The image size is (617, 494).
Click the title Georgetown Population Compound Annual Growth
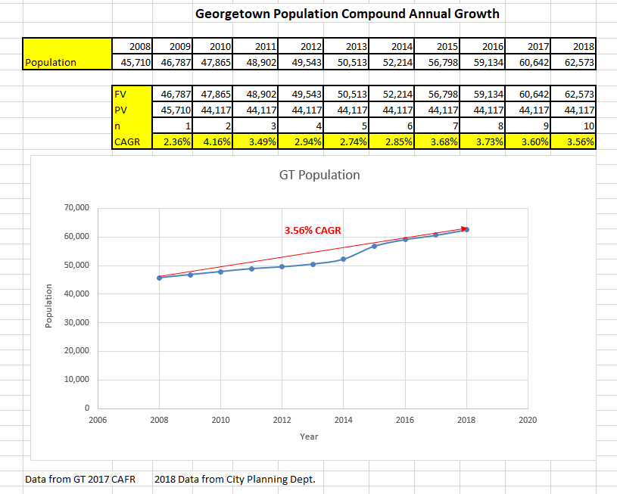347,14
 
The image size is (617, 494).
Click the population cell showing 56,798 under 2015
443,62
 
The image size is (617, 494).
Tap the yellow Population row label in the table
67,62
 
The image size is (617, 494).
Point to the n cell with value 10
576,126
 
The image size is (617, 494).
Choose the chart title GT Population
319,175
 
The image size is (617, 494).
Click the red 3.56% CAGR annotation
313,230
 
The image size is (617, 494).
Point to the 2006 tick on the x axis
98,420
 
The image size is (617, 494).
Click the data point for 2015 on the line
375,246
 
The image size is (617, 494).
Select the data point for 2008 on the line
159,278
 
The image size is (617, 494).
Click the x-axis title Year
309,437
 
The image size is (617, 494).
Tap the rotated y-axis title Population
48,306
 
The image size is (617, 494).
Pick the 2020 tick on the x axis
528,420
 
